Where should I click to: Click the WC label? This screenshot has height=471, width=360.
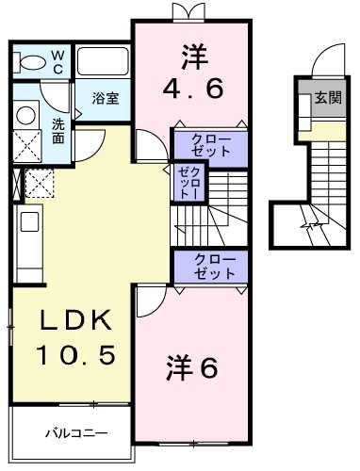click(57, 61)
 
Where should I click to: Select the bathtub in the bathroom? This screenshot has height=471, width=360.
click(102, 61)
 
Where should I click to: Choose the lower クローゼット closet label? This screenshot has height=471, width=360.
click(208, 265)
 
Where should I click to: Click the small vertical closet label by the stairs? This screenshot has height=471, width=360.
click(184, 181)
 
